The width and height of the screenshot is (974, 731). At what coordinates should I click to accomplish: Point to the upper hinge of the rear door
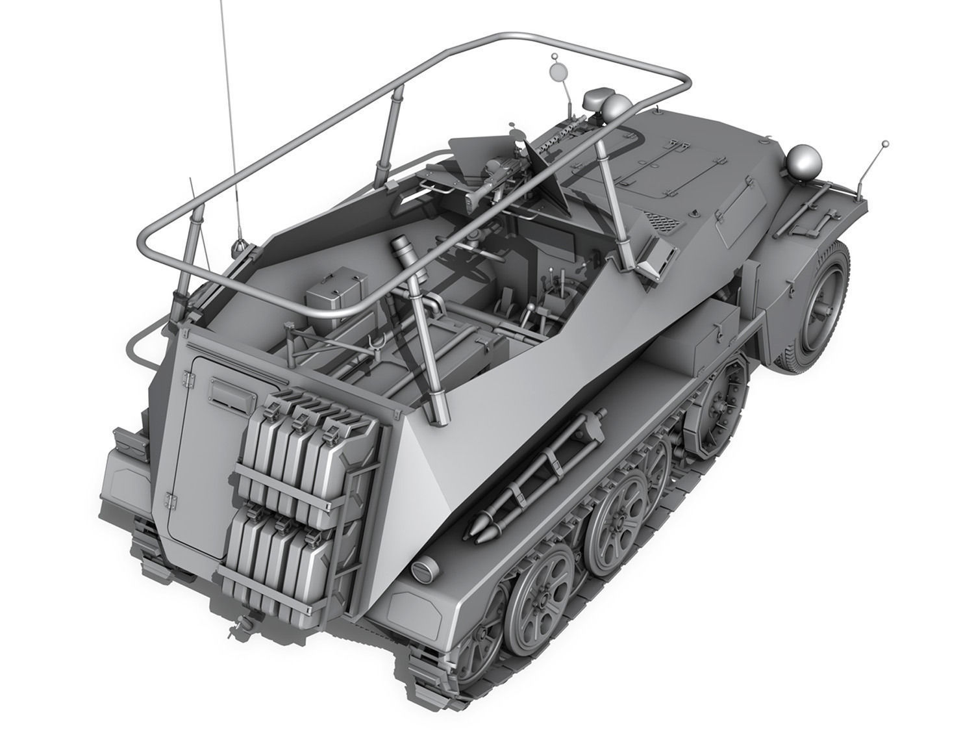(x=189, y=377)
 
